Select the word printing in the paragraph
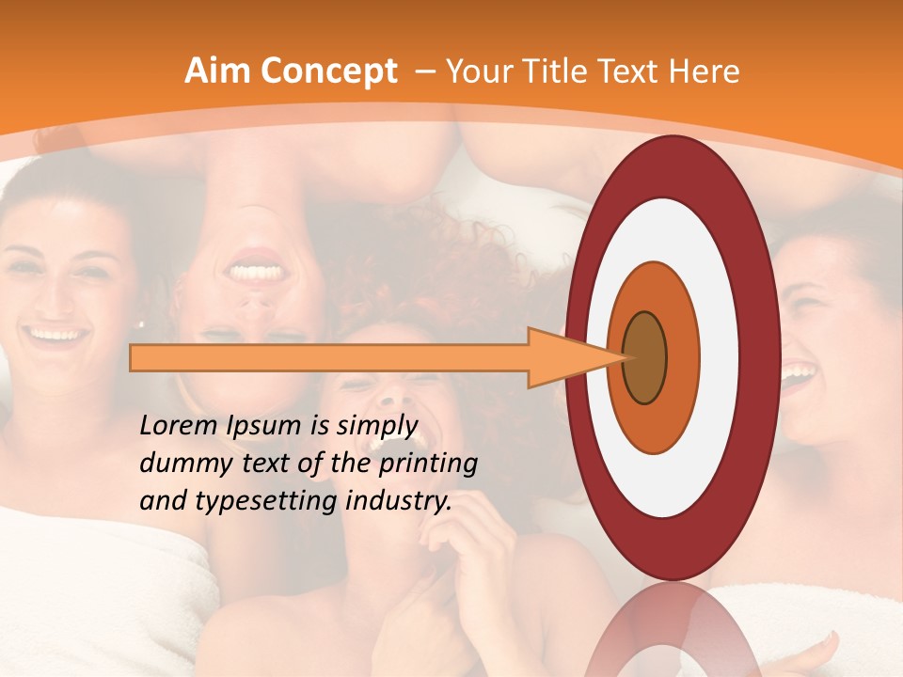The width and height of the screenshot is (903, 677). (429, 464)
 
